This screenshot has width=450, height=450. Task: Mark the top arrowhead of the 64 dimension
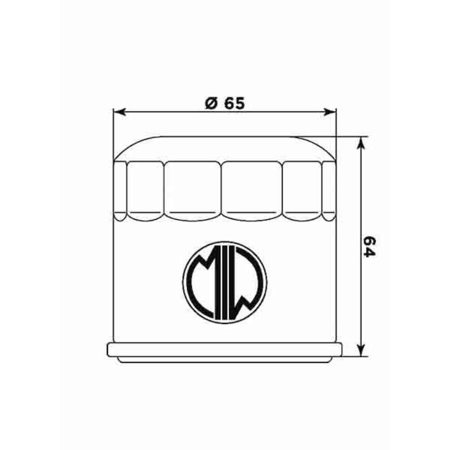[361, 143]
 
